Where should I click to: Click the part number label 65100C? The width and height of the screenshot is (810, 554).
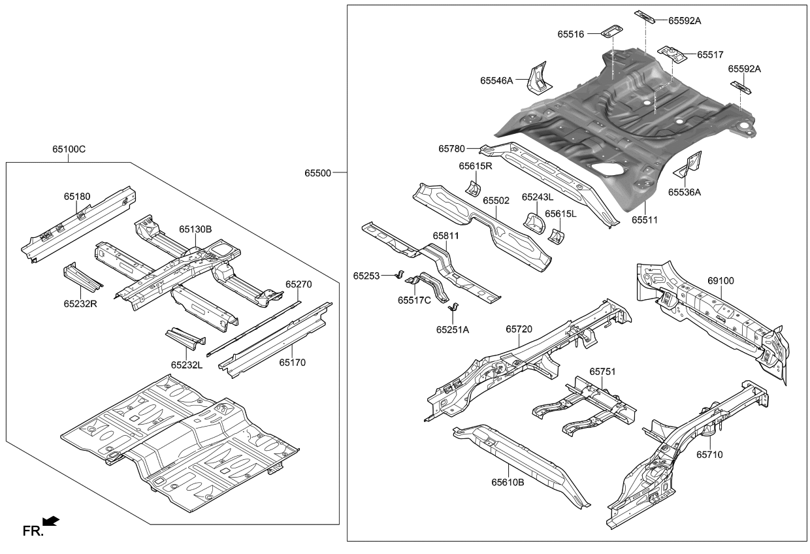(69, 150)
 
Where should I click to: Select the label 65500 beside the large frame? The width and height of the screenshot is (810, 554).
(317, 173)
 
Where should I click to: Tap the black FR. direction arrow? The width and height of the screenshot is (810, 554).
(51, 521)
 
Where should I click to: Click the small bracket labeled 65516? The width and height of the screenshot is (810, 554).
(611, 31)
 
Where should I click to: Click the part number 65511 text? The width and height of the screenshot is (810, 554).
(644, 220)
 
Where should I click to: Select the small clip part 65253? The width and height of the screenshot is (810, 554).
(401, 273)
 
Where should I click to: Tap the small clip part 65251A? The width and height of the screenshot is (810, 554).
(456, 308)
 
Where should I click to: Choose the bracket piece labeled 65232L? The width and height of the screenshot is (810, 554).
(185, 338)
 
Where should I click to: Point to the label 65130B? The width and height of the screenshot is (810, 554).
(195, 229)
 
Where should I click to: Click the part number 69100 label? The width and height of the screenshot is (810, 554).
(721, 281)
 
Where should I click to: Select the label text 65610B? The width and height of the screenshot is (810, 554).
(508, 482)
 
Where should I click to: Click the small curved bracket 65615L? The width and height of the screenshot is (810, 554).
(556, 235)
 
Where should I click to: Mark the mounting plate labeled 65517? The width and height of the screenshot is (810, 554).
(671, 54)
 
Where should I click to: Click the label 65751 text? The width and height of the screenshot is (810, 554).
(602, 371)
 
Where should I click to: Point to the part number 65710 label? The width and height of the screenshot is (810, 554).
(710, 454)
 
